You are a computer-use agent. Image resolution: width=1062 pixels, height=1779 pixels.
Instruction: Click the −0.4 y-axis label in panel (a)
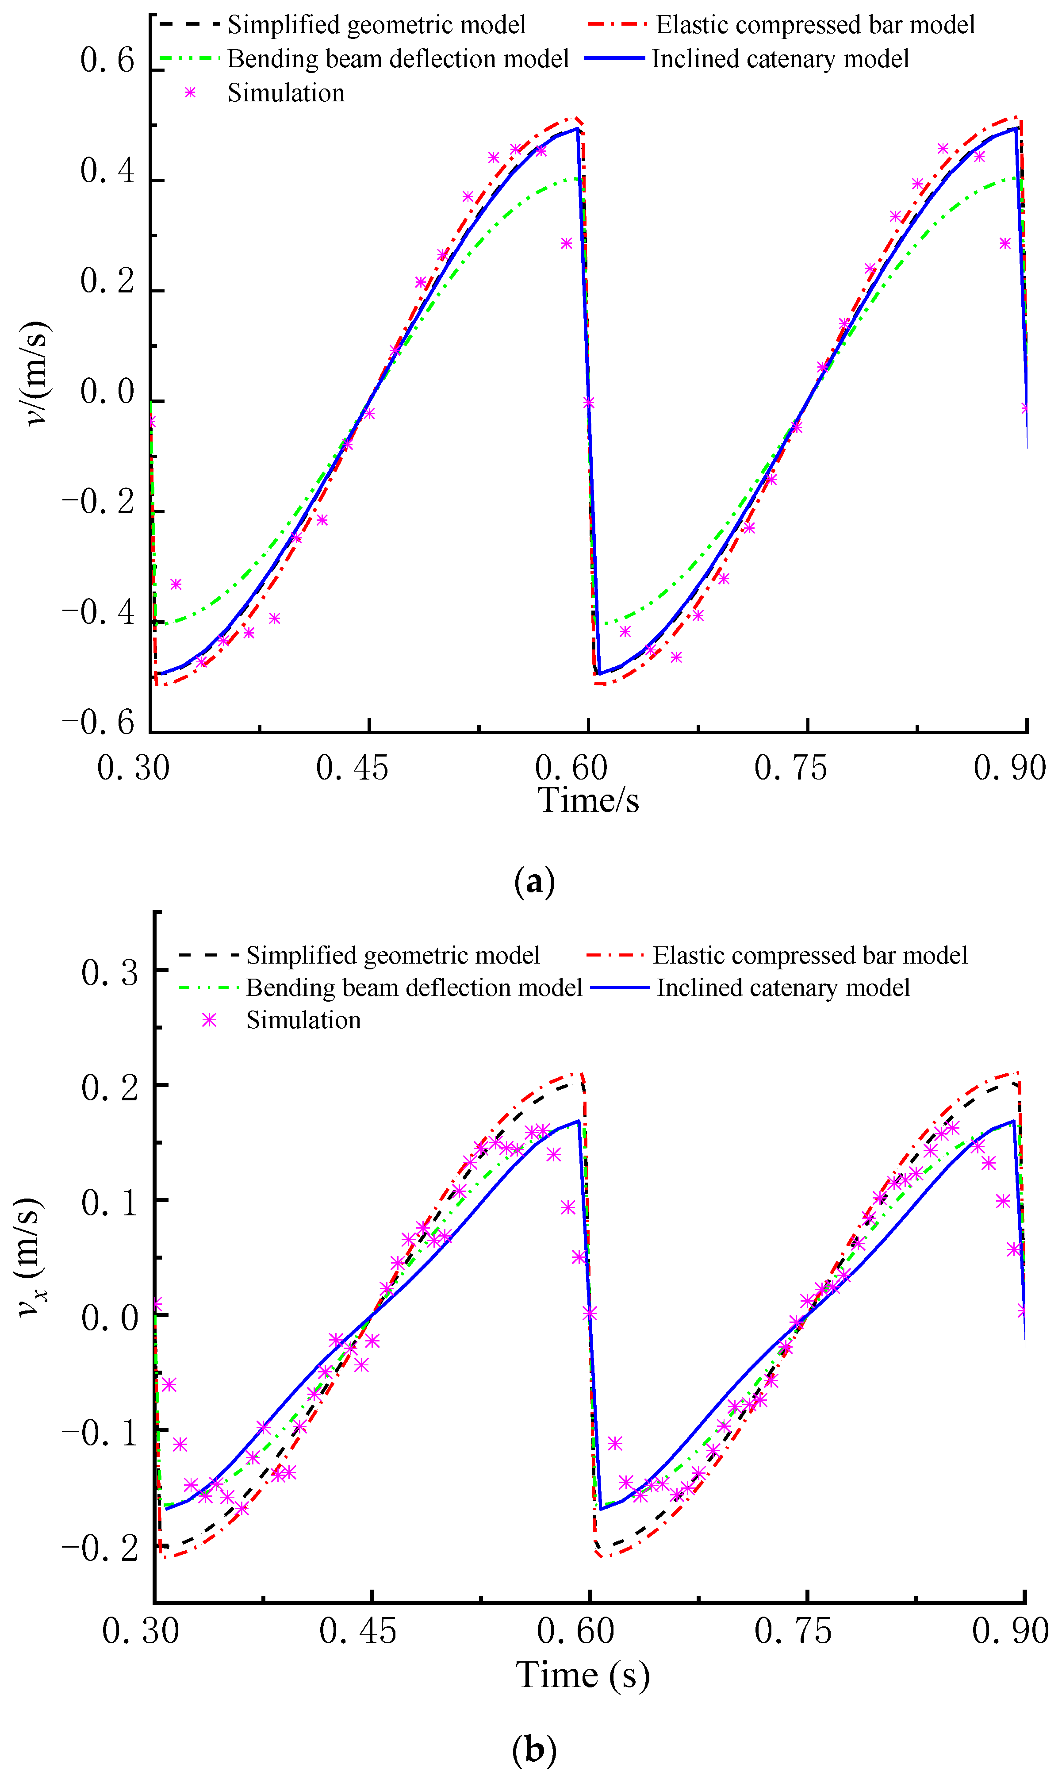98,613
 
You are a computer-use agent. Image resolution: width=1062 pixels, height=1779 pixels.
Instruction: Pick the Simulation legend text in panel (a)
286,93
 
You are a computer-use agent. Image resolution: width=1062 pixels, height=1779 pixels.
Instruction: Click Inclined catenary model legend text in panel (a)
780,59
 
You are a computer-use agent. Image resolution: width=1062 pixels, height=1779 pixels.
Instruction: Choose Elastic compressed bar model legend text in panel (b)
809,955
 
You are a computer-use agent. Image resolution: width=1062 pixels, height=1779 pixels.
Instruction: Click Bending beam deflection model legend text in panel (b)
414,987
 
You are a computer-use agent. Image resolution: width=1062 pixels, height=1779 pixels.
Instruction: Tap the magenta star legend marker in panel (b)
209,1020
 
